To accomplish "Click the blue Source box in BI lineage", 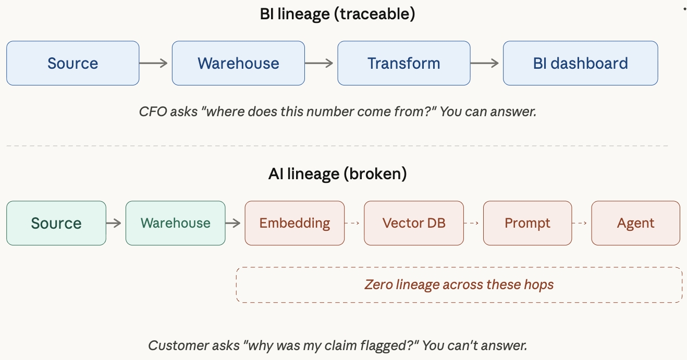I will pyautogui.click(x=72, y=63).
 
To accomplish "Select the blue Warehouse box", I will pyautogui.click(x=238, y=63).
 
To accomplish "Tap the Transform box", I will pyautogui.click(x=403, y=63).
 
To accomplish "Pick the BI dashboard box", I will pyautogui.click(x=580, y=63).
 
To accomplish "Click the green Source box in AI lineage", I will pyautogui.click(x=56, y=223).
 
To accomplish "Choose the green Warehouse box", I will pyautogui.click(x=175, y=223).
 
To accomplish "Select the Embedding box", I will pyautogui.click(x=295, y=223).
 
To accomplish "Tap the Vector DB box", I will pyautogui.click(x=413, y=223).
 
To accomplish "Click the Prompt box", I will pyautogui.click(x=527, y=223).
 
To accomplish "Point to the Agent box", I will pyautogui.click(x=635, y=223).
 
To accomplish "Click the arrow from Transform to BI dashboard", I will pyautogui.click(x=485, y=63).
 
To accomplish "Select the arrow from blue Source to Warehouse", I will pyautogui.click(x=154, y=63).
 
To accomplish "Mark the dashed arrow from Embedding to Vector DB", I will pyautogui.click(x=353, y=223).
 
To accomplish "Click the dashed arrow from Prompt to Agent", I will pyautogui.click(x=581, y=223).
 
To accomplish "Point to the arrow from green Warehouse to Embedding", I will pyautogui.click(x=234, y=223).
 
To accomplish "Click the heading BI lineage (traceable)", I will pyautogui.click(x=337, y=14).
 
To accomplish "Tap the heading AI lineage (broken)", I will pyautogui.click(x=337, y=173).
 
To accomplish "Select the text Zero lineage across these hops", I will pyautogui.click(x=459, y=284).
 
